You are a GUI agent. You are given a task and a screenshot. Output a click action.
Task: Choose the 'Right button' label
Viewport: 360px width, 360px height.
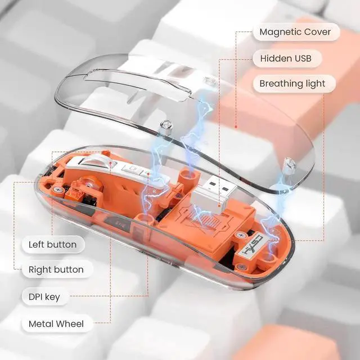(56, 270)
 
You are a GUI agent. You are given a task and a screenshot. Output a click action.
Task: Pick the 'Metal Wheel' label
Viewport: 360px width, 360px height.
(56, 323)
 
